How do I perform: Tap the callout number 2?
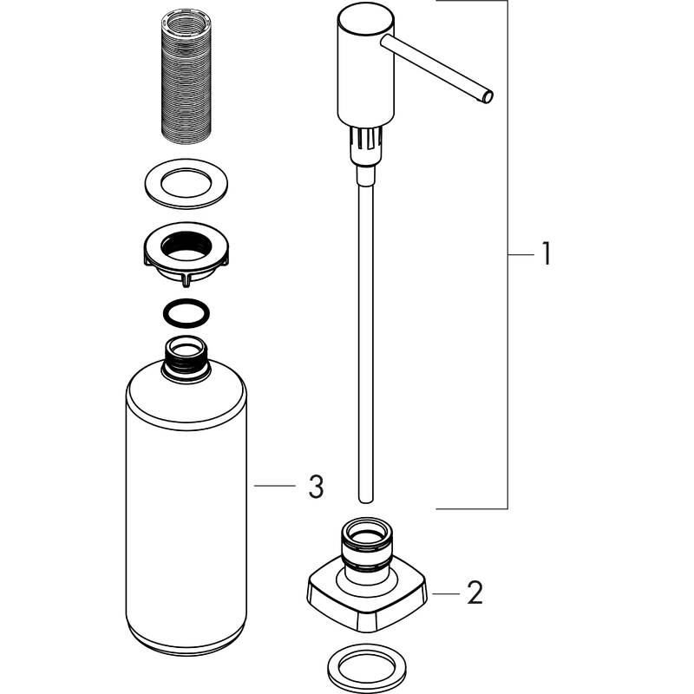click(x=474, y=593)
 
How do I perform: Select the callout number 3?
click(x=316, y=488)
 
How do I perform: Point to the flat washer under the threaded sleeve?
click(x=186, y=185)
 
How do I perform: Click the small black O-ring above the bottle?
click(x=187, y=311)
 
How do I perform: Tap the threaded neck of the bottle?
click(x=187, y=357)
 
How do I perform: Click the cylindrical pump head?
click(x=358, y=65)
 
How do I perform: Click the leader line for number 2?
click(x=444, y=593)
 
